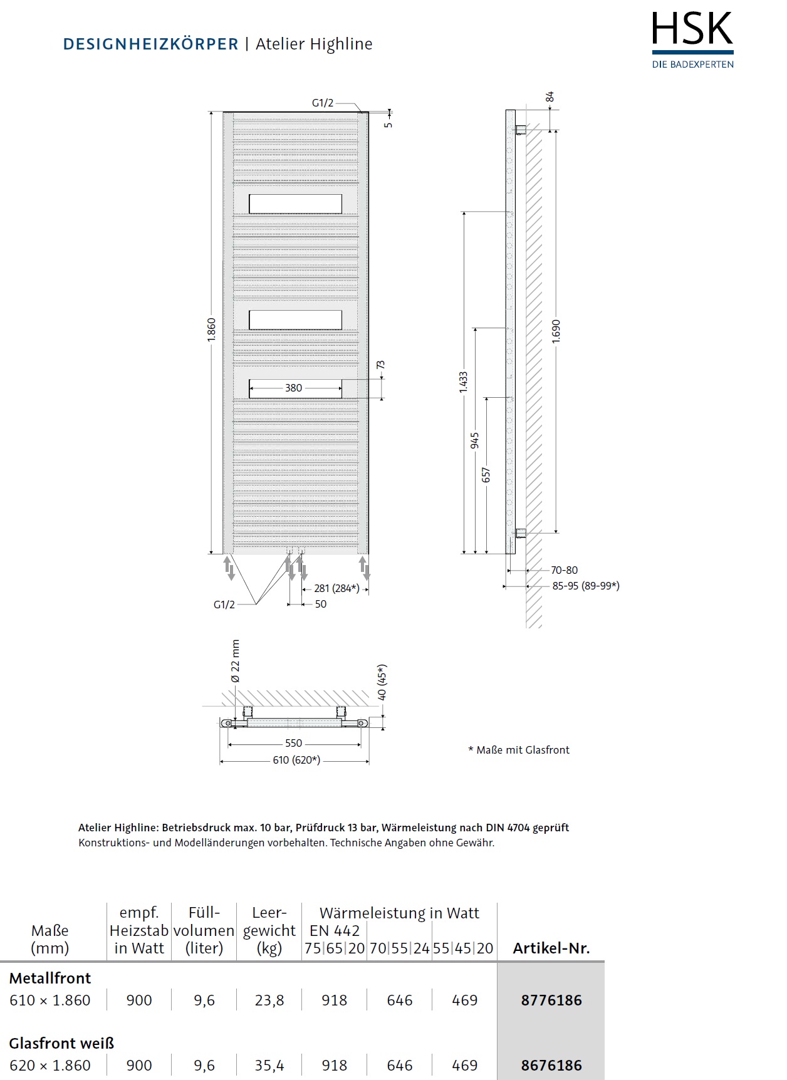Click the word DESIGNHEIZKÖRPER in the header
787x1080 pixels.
[x=150, y=44]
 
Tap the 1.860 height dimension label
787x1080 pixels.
[x=212, y=330]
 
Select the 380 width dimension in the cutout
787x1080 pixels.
[x=293, y=388]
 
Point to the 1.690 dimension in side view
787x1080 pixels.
[x=556, y=331]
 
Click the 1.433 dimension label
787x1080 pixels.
[x=464, y=383]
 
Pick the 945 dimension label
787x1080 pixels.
[x=475, y=440]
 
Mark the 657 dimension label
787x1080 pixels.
[x=486, y=475]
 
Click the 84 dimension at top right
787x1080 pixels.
[x=550, y=97]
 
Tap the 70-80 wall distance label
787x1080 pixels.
[x=564, y=570]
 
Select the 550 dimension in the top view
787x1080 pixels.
[x=293, y=744]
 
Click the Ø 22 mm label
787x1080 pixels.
[x=236, y=662]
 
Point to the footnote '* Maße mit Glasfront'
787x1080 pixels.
[x=519, y=750]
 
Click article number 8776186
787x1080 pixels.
[x=551, y=1000]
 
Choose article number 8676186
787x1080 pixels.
[x=551, y=1065]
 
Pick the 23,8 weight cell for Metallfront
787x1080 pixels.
[x=269, y=1000]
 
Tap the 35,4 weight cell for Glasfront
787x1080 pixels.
[x=269, y=1065]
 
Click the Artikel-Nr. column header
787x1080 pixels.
[x=551, y=948]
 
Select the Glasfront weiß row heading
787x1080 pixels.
[x=61, y=1043]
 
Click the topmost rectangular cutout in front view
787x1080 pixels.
[x=295, y=204]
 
